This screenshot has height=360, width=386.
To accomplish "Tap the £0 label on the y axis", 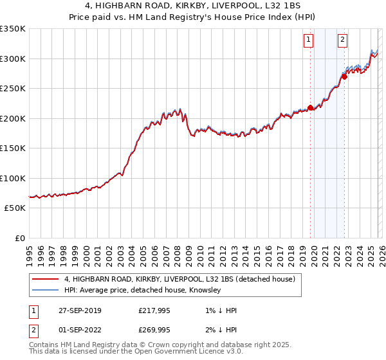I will click(19, 239).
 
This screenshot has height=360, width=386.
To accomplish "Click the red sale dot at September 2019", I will click(310, 108).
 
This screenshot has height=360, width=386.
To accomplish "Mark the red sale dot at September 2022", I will click(344, 76).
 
